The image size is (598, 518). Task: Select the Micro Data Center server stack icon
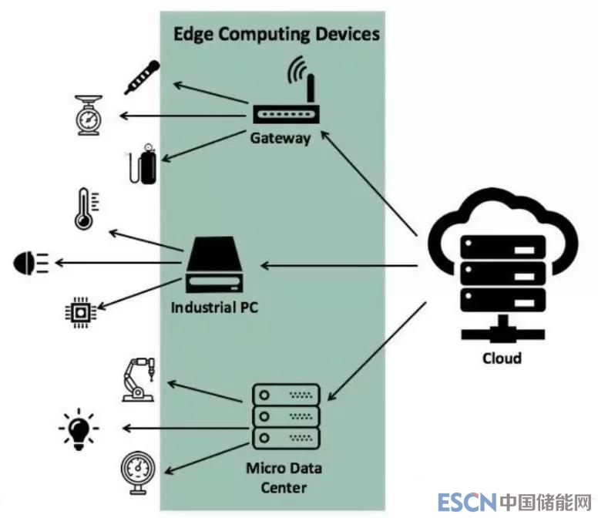[x=287, y=417]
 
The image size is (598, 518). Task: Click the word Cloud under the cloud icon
[x=502, y=358]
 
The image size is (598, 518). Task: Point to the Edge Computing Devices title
[x=275, y=34]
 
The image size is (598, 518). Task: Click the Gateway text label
[x=281, y=139]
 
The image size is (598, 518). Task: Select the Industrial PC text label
[x=214, y=308]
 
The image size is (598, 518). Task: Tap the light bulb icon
[x=80, y=428]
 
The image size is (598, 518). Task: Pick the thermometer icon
[x=85, y=210]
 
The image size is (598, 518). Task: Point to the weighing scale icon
[x=89, y=116]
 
